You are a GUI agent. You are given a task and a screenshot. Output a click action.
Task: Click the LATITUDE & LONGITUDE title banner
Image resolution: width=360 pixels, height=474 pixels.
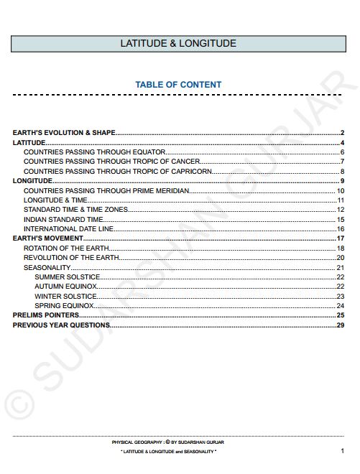(x=178, y=44)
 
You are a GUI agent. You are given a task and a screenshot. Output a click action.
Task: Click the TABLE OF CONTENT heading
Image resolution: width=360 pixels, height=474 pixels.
(x=178, y=85)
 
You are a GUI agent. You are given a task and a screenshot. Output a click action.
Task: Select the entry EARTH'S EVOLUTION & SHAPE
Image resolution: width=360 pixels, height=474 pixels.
(x=65, y=133)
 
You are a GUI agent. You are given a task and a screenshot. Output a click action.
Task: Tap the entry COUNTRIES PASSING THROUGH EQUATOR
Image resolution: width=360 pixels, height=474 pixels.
(x=95, y=152)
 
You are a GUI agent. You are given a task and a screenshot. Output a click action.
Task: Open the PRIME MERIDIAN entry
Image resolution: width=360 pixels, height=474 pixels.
(x=106, y=190)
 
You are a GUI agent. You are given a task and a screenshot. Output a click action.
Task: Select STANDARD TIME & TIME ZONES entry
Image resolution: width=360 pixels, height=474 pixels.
(x=76, y=210)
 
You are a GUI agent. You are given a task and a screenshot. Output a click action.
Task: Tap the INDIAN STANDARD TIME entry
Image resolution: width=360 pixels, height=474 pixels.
(x=64, y=219)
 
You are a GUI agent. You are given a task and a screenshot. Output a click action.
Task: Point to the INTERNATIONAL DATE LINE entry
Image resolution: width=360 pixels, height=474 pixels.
(x=68, y=229)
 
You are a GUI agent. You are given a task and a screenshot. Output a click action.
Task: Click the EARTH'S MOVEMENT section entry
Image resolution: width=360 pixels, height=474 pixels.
(x=48, y=238)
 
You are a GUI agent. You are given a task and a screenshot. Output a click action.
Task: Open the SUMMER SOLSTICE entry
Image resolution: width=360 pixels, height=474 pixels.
(x=68, y=277)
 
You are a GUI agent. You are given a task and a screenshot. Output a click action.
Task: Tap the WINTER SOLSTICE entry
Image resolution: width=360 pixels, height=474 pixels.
(x=65, y=296)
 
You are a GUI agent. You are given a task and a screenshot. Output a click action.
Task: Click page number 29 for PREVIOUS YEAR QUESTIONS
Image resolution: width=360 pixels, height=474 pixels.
(x=341, y=325)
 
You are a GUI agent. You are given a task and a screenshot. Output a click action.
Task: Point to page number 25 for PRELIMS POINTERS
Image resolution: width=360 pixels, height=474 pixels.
(x=341, y=315)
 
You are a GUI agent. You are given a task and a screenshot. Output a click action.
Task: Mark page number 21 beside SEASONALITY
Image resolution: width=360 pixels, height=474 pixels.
(x=341, y=267)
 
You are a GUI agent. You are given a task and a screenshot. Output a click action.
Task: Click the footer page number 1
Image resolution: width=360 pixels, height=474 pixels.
(x=342, y=451)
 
